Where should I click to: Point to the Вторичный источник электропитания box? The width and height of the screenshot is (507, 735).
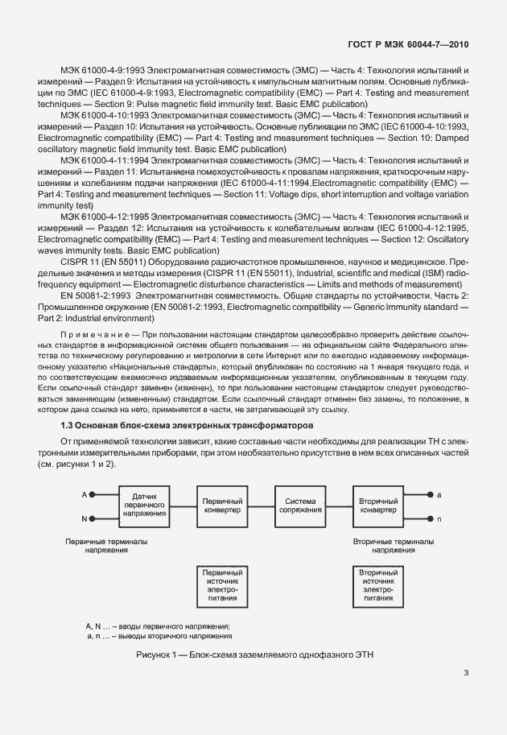point(377,585)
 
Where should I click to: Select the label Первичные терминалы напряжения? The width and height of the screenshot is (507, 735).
point(96,547)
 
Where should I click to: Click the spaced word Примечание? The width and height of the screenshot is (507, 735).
point(95,333)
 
